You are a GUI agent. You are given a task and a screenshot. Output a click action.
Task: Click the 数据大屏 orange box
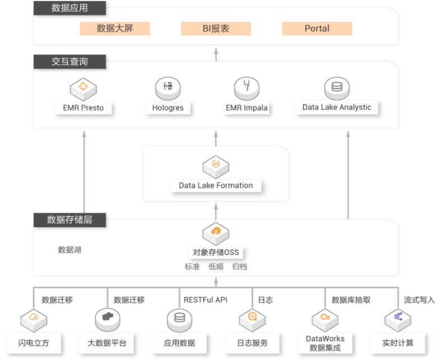pos(115,29)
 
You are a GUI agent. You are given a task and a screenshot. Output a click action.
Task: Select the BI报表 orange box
pos(216,29)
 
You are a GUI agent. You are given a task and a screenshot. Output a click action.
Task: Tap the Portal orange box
pos(317,29)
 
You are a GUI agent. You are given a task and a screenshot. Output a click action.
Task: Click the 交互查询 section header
pos(69,62)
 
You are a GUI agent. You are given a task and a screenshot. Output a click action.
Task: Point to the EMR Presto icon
pos(83,89)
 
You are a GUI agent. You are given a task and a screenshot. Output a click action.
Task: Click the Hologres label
pos(168,108)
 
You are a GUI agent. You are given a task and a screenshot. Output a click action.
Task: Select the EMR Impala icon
pos(246,88)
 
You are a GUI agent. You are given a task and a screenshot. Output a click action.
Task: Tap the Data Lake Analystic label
pos(337,107)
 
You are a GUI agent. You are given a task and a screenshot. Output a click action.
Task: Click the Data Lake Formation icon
pos(216,167)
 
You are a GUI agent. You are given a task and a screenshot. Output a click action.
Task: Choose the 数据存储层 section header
pos(69,220)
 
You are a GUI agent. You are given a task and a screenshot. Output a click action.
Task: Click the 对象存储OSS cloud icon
pos(216,234)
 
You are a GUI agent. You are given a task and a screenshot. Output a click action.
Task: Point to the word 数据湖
pos(69,250)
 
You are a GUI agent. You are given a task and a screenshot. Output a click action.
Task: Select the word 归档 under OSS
pos(240,267)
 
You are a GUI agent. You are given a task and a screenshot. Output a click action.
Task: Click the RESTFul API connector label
pos(206,300)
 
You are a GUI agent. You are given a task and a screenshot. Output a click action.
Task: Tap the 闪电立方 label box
pos(34,343)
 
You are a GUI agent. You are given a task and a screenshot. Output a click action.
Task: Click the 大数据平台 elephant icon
pos(108,320)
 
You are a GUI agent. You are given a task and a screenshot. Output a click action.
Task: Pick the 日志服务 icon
pos(252,320)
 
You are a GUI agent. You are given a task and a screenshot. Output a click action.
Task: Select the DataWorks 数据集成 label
pos(325,343)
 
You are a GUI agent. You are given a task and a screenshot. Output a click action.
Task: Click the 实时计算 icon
pos(398,320)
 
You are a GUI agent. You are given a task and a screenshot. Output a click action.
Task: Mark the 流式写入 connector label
pos(420,300)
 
